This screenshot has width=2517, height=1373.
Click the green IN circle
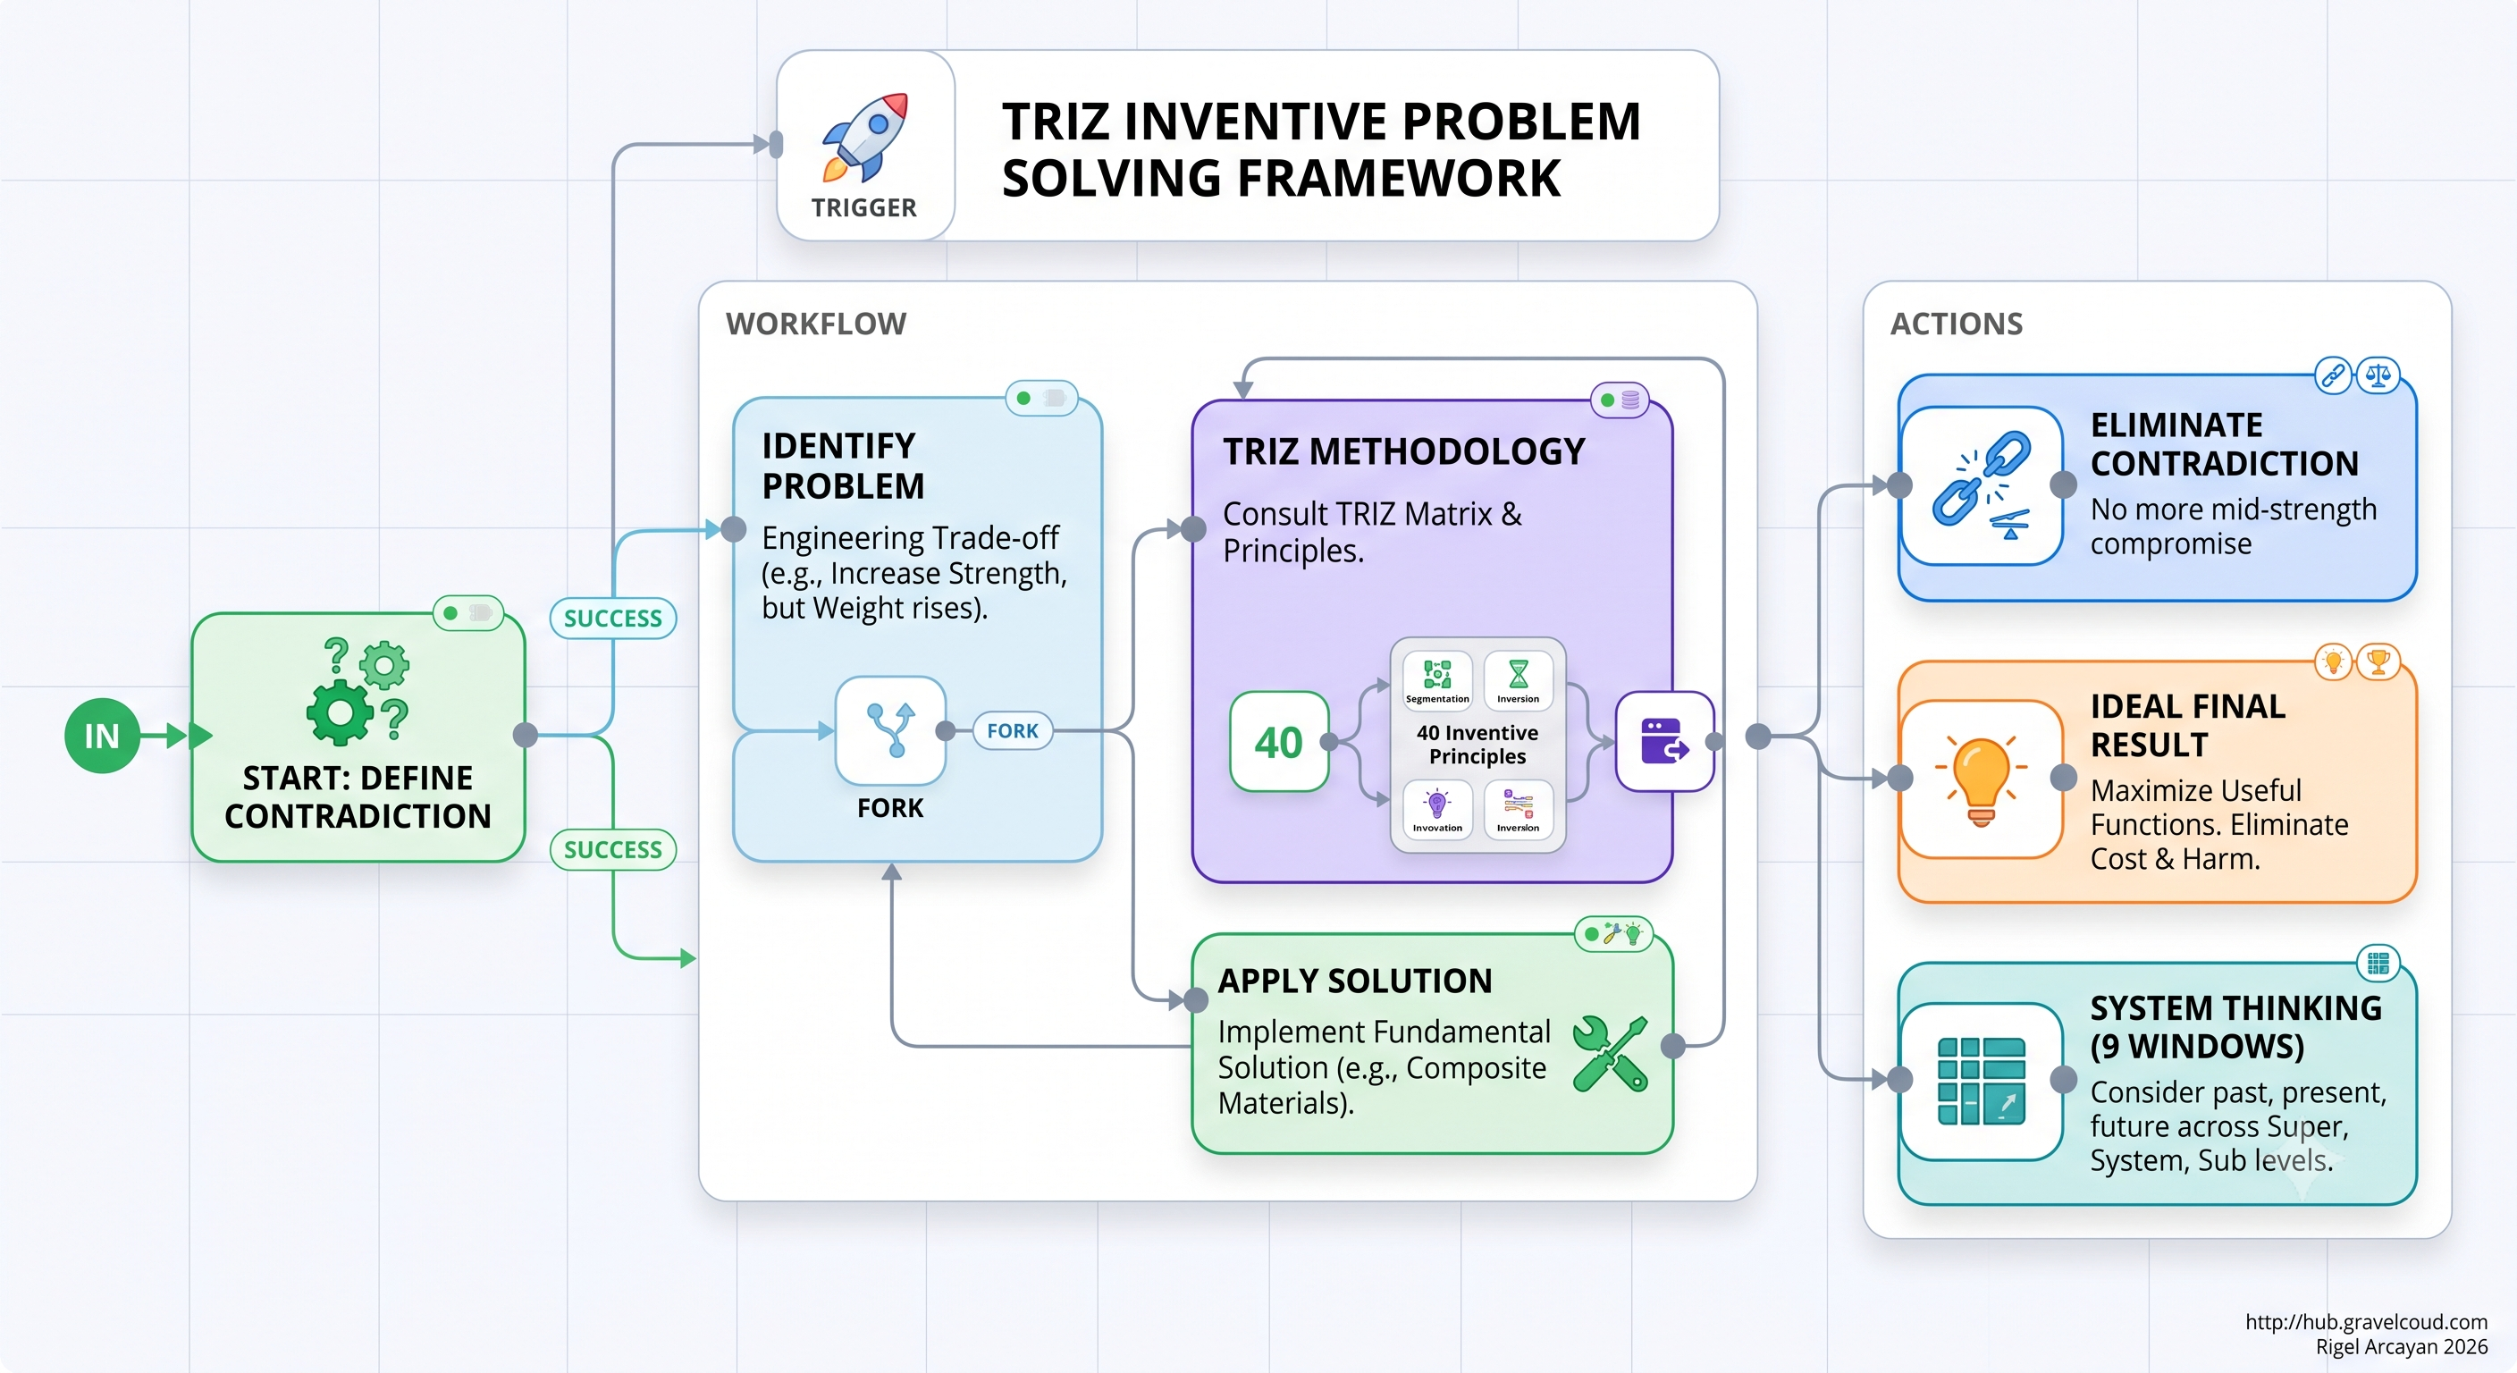[x=102, y=736]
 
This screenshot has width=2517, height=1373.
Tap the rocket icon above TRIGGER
[x=866, y=138]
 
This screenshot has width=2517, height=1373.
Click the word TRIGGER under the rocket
[x=863, y=208]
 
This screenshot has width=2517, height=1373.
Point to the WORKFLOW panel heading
[x=816, y=324]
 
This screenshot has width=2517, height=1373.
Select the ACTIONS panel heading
[x=1957, y=324]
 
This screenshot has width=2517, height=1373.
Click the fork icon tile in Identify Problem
[x=890, y=730]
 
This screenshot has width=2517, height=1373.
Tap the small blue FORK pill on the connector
[x=1013, y=731]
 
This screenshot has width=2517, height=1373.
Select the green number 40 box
[x=1279, y=742]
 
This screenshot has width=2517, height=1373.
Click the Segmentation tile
[x=1437, y=679]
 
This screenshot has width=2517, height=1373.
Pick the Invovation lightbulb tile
[x=1437, y=809]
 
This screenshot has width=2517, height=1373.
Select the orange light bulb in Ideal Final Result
[x=1982, y=779]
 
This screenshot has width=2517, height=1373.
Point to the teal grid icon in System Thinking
[x=1982, y=1081]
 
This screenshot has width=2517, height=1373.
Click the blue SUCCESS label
[x=612, y=619]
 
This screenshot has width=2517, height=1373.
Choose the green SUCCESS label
[x=612, y=850]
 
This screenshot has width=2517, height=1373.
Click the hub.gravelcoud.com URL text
[x=2366, y=1322]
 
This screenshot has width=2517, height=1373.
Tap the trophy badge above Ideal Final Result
[x=2378, y=662]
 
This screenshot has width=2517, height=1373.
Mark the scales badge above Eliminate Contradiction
[x=2378, y=375]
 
